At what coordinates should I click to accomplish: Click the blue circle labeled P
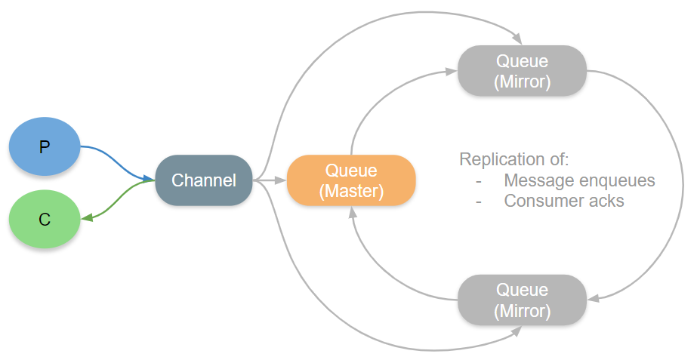coord(45,146)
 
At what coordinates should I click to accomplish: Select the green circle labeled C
coord(45,220)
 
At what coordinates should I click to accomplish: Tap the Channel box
coord(203,180)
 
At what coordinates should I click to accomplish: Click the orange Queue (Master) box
coord(351,180)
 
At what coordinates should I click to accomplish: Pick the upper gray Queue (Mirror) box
coord(522,70)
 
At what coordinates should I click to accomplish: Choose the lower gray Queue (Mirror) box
coord(522,299)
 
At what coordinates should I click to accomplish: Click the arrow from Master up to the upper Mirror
coord(378,98)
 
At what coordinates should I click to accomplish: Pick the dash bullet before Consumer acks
coord(478,202)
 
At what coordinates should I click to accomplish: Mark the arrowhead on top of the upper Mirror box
coord(517,39)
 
